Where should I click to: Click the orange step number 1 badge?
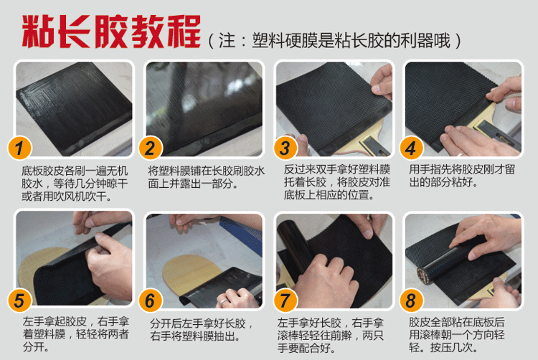pos(19,148)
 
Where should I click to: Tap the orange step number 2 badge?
pos(151,148)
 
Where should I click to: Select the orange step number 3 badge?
pos(285,148)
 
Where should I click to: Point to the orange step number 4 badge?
pos(412,148)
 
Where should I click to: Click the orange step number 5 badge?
pos(19,300)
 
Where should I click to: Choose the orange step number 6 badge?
pos(151,300)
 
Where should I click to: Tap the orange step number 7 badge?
pos(285,300)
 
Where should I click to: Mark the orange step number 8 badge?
pos(412,300)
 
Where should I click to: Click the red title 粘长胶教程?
pos(111,32)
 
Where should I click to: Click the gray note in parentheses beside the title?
pos(334,41)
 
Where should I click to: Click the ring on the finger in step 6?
pos(223,302)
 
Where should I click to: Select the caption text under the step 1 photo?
pos(75,184)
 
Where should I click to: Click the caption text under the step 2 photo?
pos(206,177)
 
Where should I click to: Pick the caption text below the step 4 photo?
pos(462,176)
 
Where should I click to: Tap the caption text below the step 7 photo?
pos(330,336)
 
